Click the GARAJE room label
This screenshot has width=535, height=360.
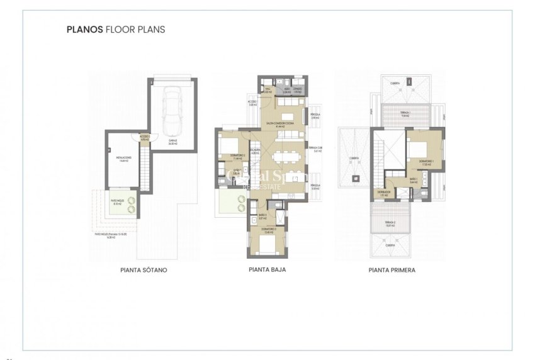(172, 143)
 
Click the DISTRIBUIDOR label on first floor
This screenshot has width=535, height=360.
(385, 194)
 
